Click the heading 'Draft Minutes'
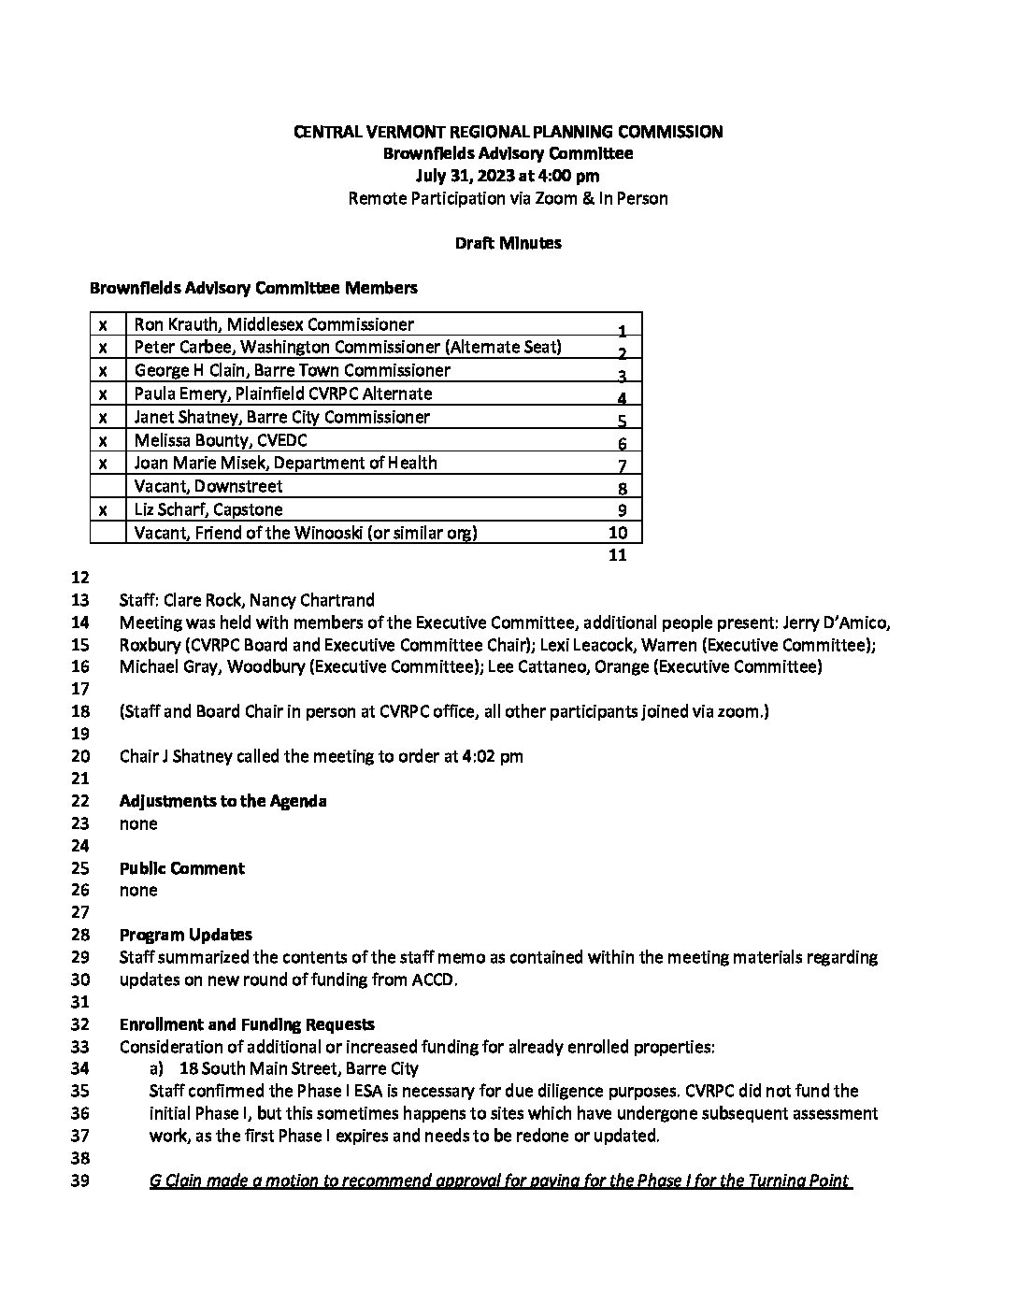(508, 243)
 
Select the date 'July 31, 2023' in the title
(468, 176)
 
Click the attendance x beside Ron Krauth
(104, 324)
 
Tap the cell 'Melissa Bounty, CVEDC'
(221, 440)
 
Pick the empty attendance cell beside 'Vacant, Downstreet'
(107, 486)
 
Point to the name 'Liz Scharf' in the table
(171, 509)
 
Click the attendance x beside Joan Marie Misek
(104, 464)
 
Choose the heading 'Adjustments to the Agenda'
(222, 801)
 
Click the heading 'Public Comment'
(181, 868)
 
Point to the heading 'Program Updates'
(185, 935)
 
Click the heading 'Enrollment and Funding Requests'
(247, 1024)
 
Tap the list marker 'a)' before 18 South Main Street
(156, 1068)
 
